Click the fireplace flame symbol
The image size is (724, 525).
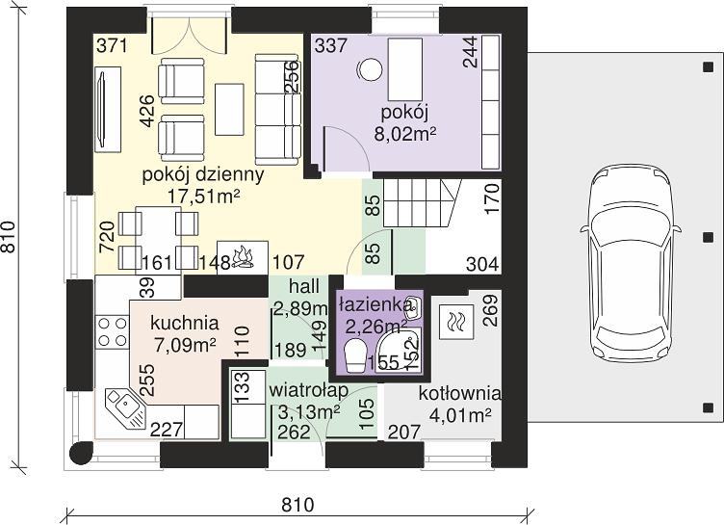[243, 258]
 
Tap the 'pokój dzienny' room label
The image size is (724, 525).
[203, 174]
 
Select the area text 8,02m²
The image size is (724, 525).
[405, 134]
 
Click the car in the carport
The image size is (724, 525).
[631, 266]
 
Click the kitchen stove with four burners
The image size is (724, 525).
[113, 331]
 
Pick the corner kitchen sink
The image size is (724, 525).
[124, 407]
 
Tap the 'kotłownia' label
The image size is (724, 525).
[459, 394]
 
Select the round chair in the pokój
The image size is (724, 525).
[370, 69]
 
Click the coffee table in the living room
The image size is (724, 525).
[229, 109]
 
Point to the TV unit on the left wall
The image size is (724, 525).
[108, 109]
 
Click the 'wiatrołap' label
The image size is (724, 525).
[308, 390]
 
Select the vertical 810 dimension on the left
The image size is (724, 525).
[9, 237]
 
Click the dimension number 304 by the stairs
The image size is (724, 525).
[482, 264]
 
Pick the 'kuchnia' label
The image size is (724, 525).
[184, 323]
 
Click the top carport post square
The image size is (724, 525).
[708, 67]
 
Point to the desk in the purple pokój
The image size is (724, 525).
[406, 69]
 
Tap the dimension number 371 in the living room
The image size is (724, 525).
[112, 46]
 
